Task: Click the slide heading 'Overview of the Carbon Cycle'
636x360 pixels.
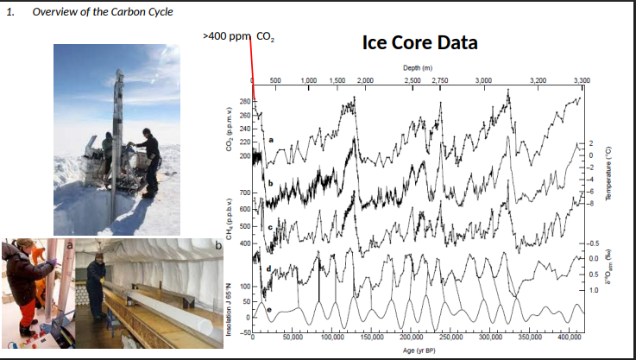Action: point(102,11)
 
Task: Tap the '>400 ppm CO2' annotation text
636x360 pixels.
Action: point(238,36)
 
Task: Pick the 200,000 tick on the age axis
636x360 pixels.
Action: point(411,338)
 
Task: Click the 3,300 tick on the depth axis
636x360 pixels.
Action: point(581,79)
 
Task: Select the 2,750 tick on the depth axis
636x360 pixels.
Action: point(439,79)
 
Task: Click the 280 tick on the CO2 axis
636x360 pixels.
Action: point(243,103)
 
